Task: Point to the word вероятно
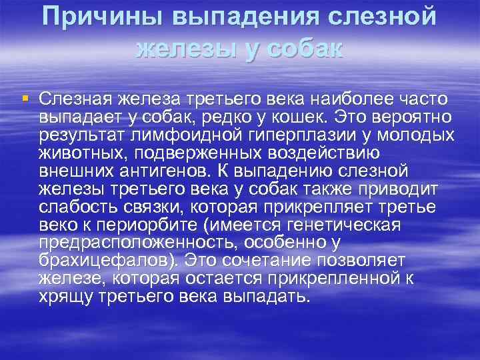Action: [x=413, y=118]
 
